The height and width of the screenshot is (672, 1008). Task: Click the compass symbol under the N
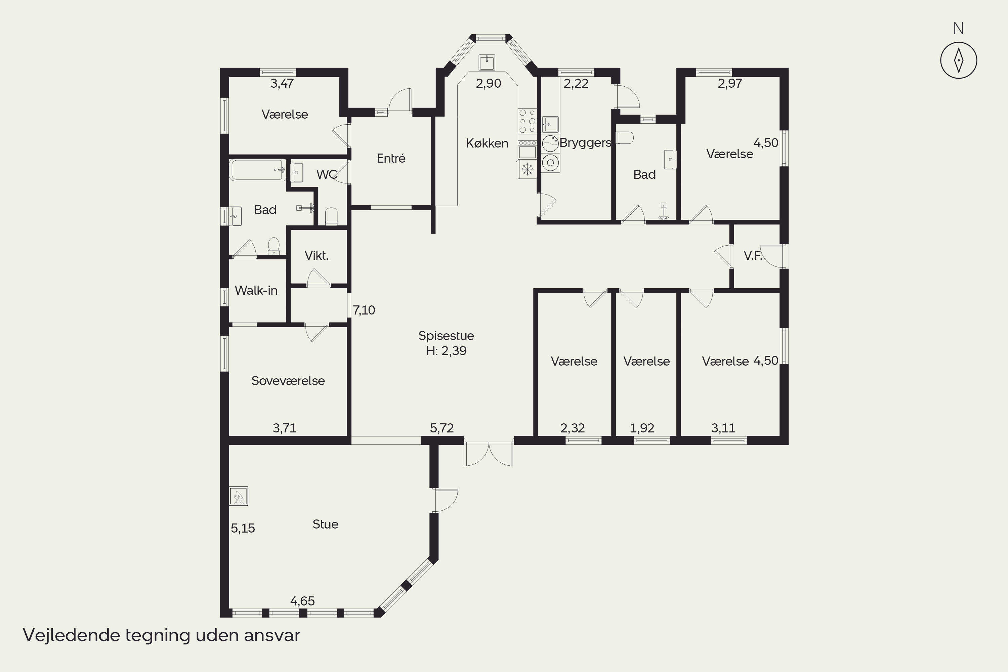pyautogui.click(x=959, y=60)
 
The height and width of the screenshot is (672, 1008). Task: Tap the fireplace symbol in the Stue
pyautogui.click(x=238, y=496)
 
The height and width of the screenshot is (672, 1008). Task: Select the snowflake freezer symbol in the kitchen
pyautogui.click(x=527, y=169)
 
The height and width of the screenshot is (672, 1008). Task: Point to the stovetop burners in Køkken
pyautogui.click(x=527, y=121)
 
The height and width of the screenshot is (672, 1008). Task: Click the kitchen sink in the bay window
pyautogui.click(x=487, y=62)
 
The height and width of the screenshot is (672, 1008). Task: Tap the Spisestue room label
pyautogui.click(x=446, y=336)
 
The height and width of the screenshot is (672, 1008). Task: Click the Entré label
pyautogui.click(x=391, y=158)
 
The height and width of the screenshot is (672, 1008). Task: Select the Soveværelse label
pyautogui.click(x=288, y=381)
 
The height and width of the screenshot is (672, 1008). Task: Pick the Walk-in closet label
pyautogui.click(x=256, y=291)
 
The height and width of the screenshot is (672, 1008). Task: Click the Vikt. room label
pyautogui.click(x=316, y=255)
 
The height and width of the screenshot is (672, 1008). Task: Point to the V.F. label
pyautogui.click(x=753, y=255)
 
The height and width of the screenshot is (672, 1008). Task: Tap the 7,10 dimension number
pyautogui.click(x=364, y=310)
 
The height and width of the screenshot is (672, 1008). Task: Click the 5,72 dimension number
pyautogui.click(x=442, y=428)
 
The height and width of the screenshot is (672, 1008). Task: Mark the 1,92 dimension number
pyautogui.click(x=642, y=428)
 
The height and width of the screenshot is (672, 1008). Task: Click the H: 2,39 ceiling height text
pyautogui.click(x=446, y=351)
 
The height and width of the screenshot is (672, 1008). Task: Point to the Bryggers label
pyautogui.click(x=585, y=143)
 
